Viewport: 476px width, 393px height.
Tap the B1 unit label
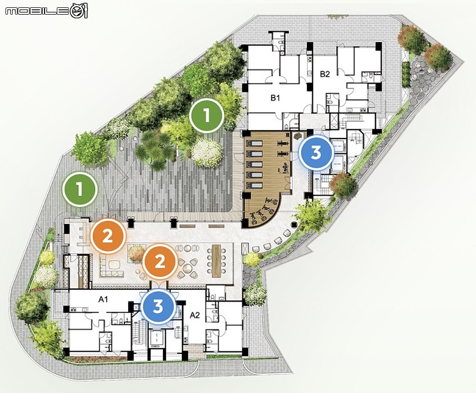(275, 98)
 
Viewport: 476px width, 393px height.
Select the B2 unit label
(325, 74)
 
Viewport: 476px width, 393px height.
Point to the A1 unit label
(103, 299)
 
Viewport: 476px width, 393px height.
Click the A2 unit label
(195, 315)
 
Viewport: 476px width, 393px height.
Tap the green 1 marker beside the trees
(207, 115)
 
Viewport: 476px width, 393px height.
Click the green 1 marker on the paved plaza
(79, 189)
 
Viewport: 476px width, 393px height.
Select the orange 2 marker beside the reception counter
(108, 236)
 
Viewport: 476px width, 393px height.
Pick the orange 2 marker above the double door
(160, 262)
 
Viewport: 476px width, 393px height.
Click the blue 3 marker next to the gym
(316, 153)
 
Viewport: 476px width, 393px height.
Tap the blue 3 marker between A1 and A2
(158, 306)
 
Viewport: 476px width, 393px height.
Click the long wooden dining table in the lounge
(217, 261)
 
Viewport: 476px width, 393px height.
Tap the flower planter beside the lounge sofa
(135, 253)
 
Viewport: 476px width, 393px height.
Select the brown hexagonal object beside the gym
(297, 135)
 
